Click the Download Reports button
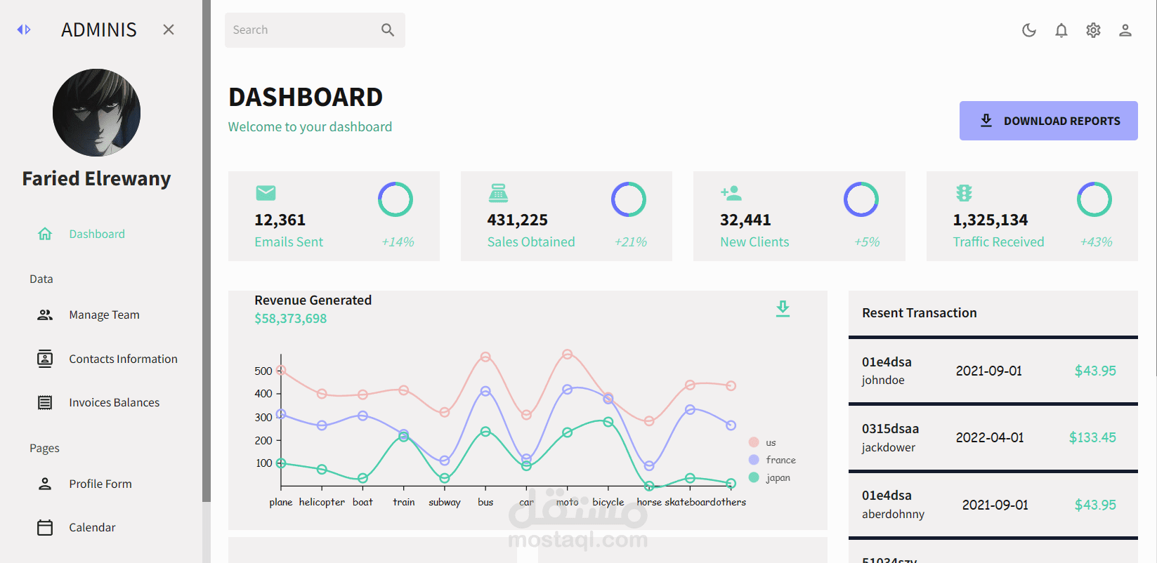pos(1048,121)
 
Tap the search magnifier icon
pos(388,30)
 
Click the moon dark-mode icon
pos(1029,30)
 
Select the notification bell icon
pos(1061,30)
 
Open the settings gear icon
pos(1093,30)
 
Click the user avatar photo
pos(96,112)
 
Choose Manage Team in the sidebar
pos(104,315)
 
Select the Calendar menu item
pos(92,527)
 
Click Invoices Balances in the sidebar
pos(114,402)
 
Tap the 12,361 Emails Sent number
pos(280,220)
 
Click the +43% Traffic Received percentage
pos(1096,242)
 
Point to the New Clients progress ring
pos(861,199)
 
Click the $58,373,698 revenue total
pos(290,319)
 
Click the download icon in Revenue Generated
pos(783,308)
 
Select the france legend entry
pos(780,460)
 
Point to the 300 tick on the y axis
pos(263,417)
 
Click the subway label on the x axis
pos(444,502)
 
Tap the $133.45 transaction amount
pos(1092,437)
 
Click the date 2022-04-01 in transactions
pos(989,437)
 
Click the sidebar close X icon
pos(169,29)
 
